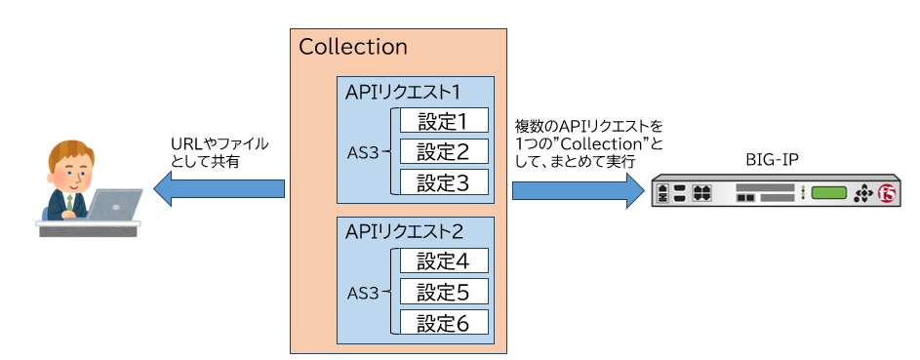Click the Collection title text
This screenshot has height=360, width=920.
tap(353, 48)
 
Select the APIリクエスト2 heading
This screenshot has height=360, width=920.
tap(403, 232)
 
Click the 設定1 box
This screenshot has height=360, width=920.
tap(444, 121)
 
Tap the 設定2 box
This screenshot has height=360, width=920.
tap(444, 151)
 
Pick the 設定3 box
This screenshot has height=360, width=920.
tap(444, 181)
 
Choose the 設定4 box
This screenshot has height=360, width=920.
tap(444, 261)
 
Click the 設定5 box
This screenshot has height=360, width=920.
tap(444, 292)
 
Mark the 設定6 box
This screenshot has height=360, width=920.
tap(444, 322)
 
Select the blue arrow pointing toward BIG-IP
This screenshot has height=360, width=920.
tap(576, 188)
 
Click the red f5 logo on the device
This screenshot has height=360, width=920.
tap(886, 192)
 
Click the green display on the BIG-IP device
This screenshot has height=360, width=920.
tap(828, 192)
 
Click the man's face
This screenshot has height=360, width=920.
tap(70, 172)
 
